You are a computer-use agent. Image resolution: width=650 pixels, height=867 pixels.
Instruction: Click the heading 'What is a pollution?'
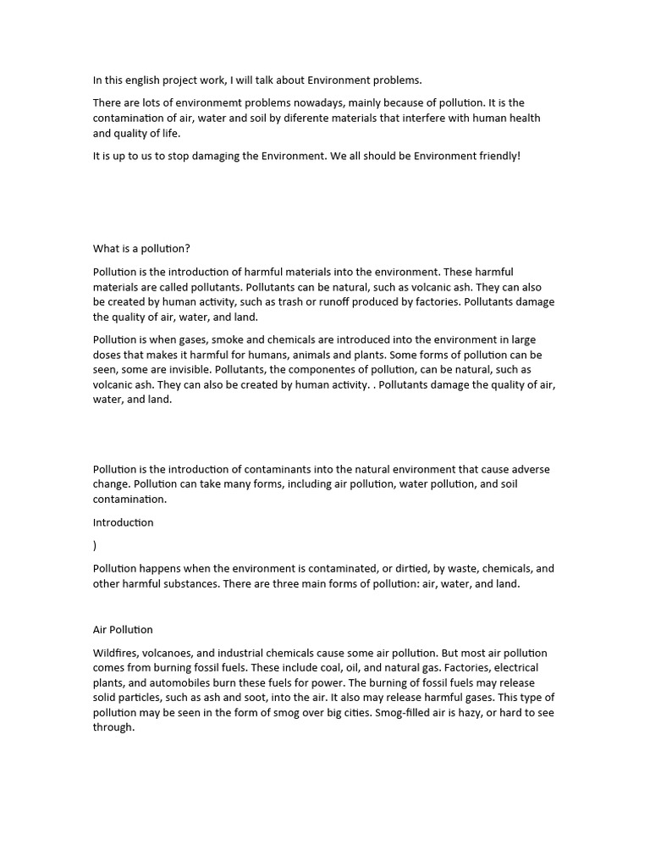coord(142,248)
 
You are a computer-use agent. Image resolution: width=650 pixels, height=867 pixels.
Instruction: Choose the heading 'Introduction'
coord(124,522)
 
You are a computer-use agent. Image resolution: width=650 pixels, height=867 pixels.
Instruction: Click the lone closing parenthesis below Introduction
coord(95,546)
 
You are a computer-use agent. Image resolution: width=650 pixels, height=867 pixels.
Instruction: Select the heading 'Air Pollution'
coord(123,630)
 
